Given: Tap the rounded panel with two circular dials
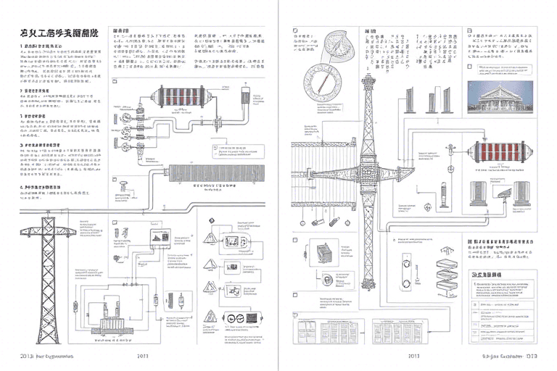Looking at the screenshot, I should pyautogui.click(x=239, y=319).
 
